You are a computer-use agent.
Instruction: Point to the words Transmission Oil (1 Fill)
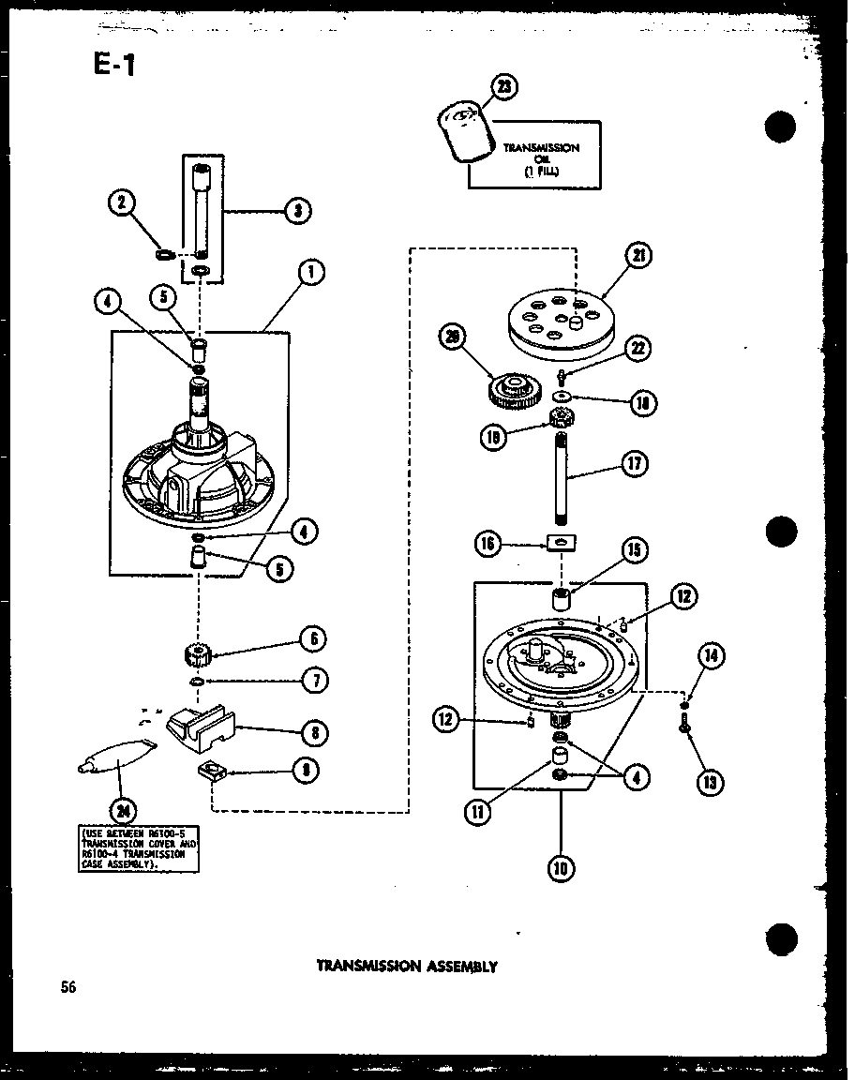point(541,159)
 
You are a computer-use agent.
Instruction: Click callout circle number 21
point(640,256)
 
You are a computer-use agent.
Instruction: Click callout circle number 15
point(634,550)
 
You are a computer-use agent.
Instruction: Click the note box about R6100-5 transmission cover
point(139,848)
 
